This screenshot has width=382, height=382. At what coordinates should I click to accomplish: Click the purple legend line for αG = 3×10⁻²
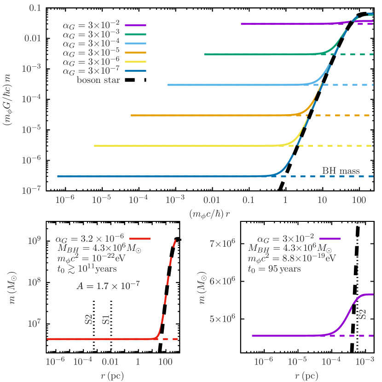135,25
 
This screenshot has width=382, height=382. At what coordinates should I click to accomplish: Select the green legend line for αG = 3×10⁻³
135,34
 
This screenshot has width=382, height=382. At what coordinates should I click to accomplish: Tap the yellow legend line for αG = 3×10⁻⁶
135,61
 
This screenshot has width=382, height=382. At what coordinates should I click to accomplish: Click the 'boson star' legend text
98,80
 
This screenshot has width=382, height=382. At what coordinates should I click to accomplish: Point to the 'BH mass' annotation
341,171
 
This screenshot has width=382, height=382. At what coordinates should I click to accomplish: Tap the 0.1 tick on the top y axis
36,8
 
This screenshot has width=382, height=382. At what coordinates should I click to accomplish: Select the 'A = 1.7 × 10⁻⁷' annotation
108,285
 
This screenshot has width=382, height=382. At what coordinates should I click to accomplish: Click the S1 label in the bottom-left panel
106,319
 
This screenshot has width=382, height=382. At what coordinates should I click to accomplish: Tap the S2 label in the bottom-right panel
363,315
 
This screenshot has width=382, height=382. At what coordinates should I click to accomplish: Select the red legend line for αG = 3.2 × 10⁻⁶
140,238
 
